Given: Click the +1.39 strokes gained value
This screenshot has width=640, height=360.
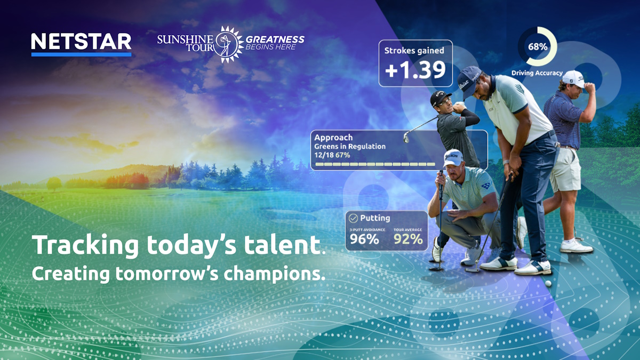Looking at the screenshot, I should (x=415, y=70).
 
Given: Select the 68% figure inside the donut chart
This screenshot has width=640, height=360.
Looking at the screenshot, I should (x=537, y=46).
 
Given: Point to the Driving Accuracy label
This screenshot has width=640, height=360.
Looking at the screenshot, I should (x=537, y=73).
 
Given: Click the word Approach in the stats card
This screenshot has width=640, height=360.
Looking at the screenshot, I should (x=333, y=138).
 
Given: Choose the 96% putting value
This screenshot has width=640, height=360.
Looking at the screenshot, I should (x=365, y=239).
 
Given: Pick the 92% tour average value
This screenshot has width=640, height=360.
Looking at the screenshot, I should (x=408, y=239).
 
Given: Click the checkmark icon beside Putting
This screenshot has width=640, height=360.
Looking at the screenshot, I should (x=353, y=218).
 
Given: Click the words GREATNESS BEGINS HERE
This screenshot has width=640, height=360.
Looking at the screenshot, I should (x=275, y=43).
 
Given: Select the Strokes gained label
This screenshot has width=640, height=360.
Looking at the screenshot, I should (x=414, y=51).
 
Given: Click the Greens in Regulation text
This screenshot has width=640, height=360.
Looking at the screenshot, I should (x=349, y=146).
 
